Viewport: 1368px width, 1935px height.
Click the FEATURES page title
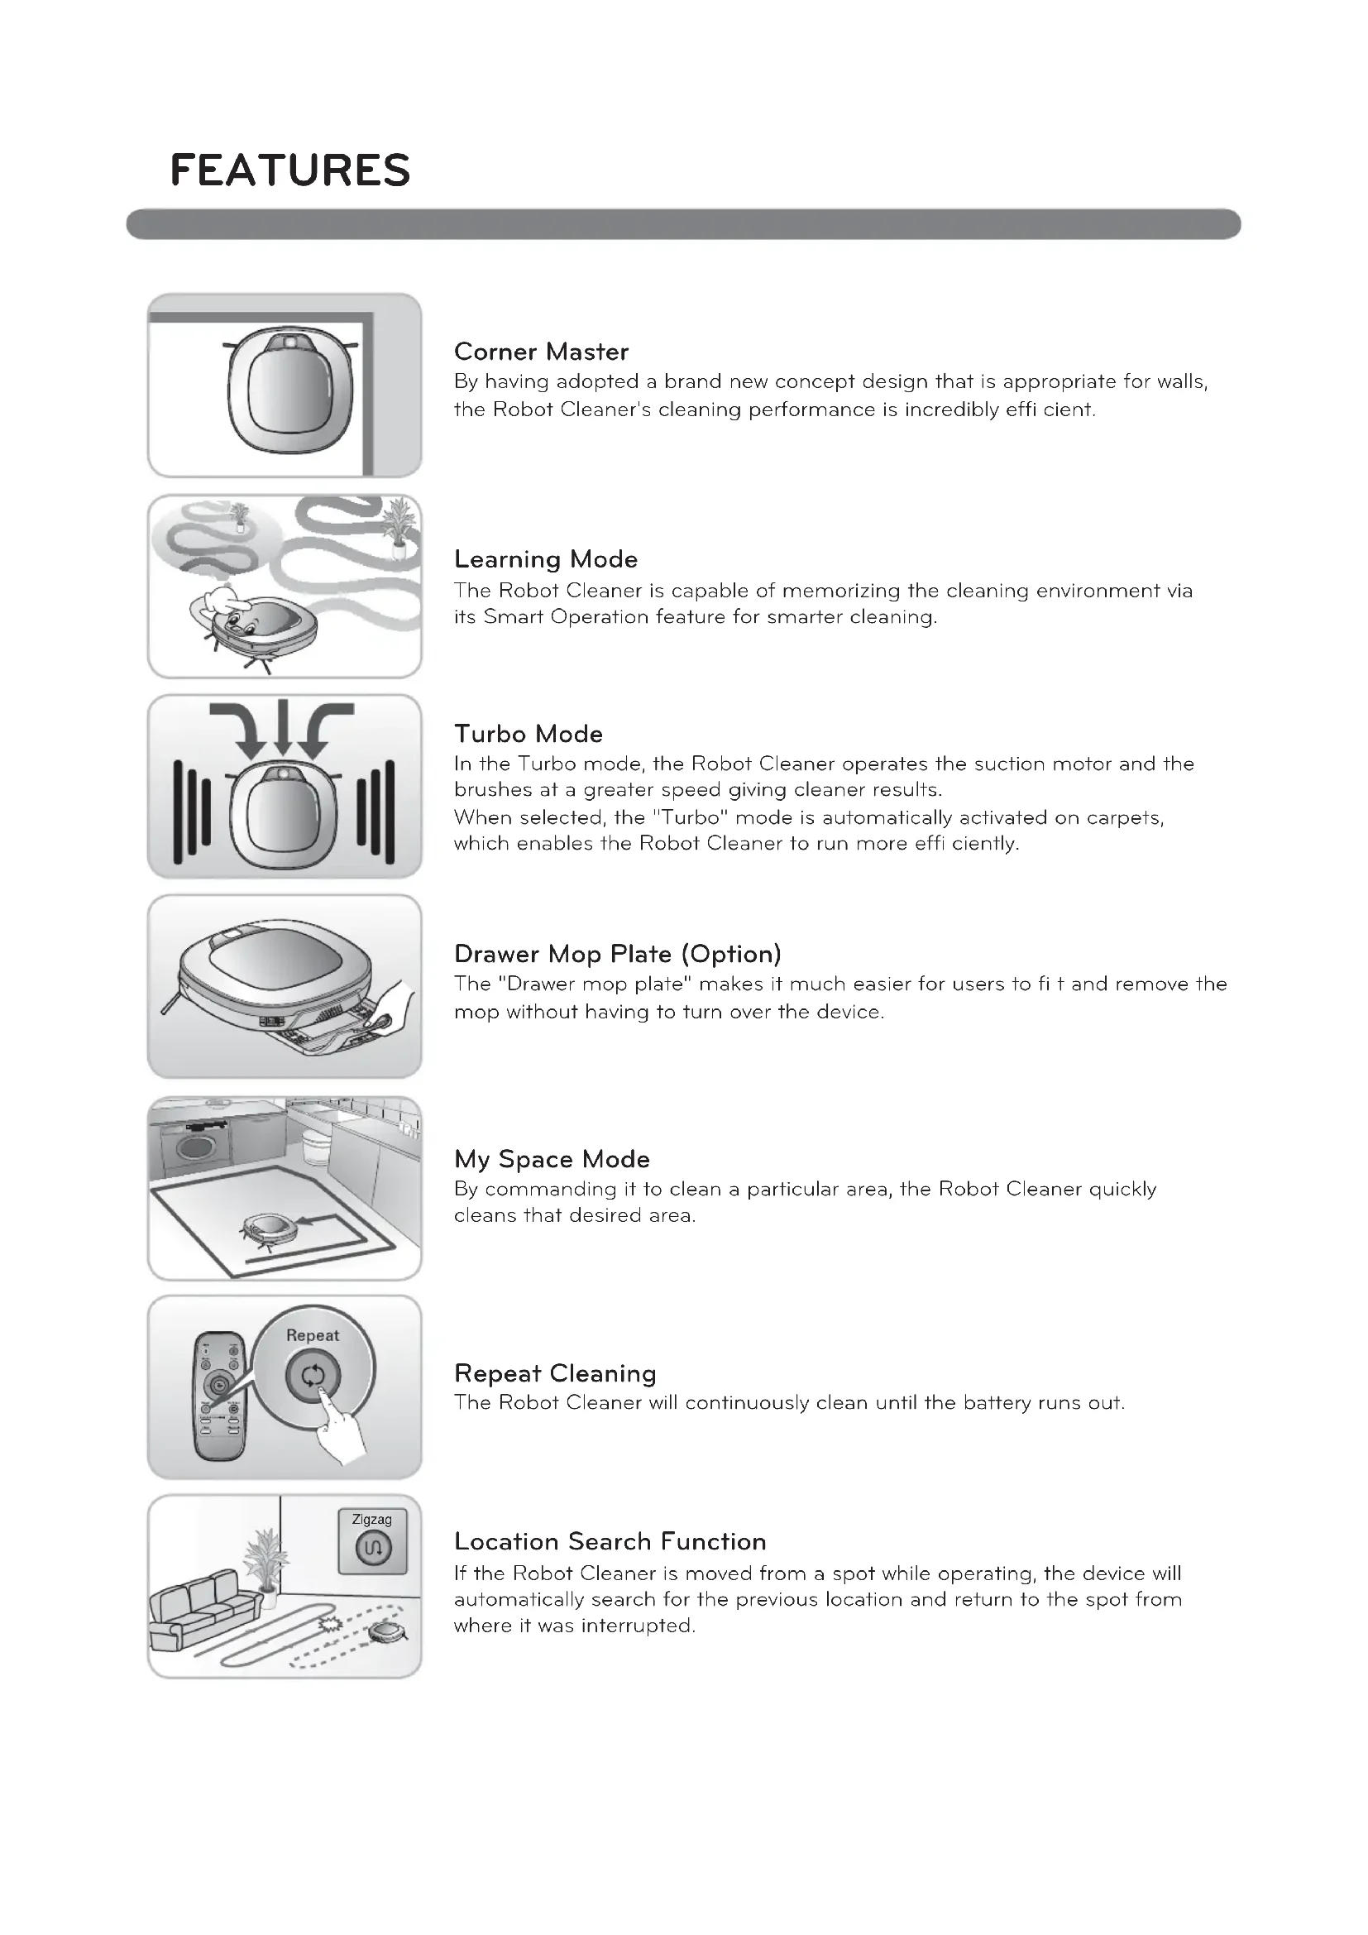point(289,170)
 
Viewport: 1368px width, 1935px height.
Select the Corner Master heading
point(541,352)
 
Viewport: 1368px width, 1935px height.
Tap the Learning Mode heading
point(545,558)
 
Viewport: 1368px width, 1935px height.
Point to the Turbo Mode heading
point(529,733)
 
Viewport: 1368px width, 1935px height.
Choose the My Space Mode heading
point(552,1159)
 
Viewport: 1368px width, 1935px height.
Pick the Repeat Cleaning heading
point(555,1373)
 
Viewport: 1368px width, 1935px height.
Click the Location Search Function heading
point(610,1541)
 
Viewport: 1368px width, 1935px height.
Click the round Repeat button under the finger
point(313,1377)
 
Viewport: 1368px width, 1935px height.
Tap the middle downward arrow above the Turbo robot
point(283,726)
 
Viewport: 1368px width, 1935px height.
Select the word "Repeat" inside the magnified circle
point(313,1335)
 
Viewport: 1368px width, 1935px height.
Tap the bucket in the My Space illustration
point(317,1146)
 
